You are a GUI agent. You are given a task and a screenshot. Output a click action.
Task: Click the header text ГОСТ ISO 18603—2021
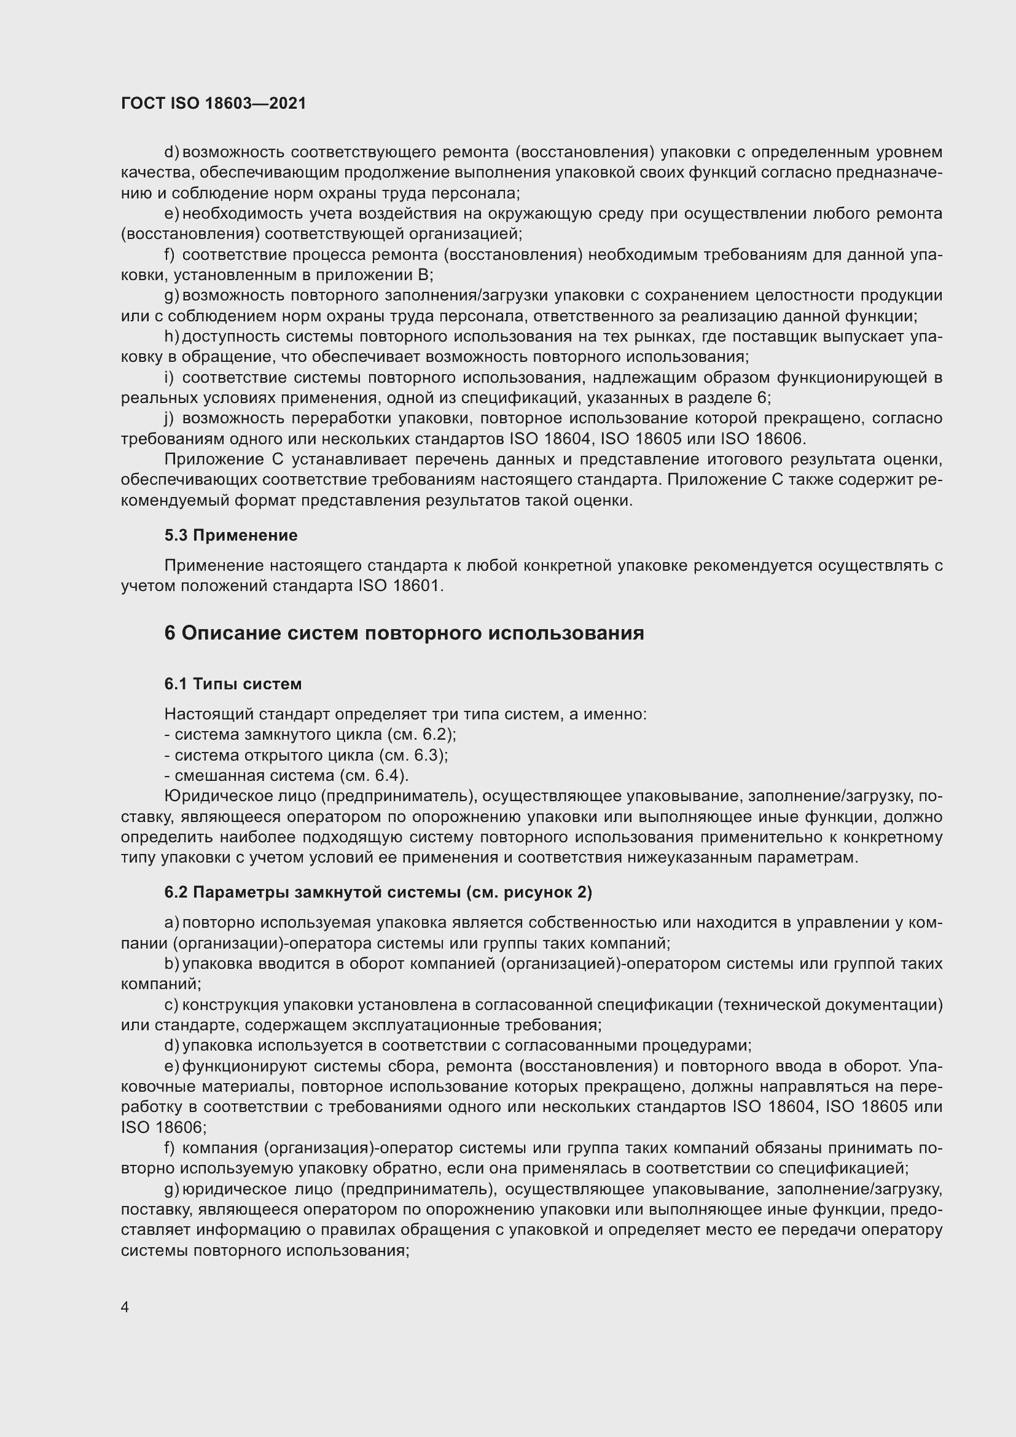213,103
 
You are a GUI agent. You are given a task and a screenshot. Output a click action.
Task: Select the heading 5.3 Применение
231,535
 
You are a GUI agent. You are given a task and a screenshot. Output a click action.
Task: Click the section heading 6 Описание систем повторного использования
404,633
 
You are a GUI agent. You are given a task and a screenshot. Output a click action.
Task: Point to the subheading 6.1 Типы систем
233,684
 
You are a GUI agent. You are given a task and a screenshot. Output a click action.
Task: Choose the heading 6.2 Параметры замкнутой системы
378,892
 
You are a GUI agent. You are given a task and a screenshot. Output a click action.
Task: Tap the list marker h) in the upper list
171,337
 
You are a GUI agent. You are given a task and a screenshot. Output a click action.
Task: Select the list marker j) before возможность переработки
169,418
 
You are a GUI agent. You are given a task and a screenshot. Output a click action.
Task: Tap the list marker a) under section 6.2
171,923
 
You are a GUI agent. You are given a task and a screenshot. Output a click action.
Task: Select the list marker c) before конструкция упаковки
171,1004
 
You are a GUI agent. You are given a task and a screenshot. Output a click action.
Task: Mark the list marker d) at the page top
171,152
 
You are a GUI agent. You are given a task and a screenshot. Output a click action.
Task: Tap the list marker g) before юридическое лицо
171,1189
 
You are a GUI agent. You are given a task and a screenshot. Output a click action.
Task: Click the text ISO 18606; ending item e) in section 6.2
163,1127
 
